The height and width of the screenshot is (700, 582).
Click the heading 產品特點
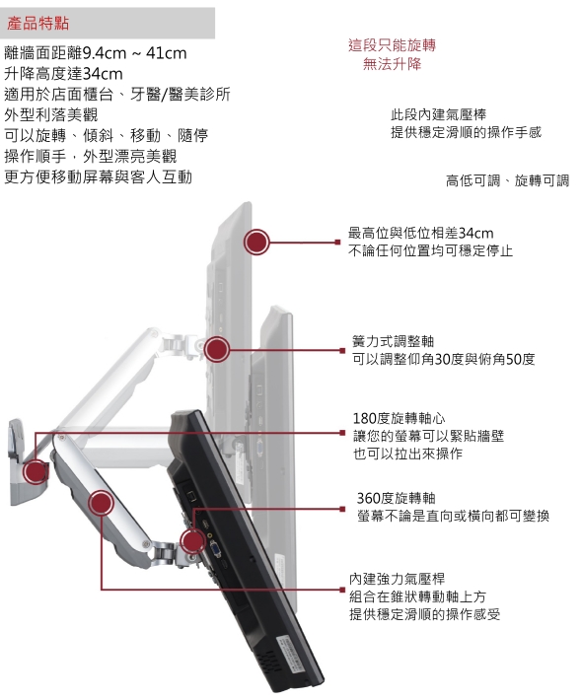pos(37,23)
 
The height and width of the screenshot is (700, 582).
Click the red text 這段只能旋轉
pos(392,45)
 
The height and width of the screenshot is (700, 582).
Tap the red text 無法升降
pos(392,64)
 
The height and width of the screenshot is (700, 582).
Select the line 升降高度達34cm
pos(63,74)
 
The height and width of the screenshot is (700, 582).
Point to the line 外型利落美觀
pos(51,114)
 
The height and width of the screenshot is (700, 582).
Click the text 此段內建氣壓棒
pos(438,114)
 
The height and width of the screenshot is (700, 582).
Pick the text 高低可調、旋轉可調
pos(507,180)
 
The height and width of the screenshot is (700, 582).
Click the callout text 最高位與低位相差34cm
pos(421,233)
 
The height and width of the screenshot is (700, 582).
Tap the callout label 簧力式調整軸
pos(393,341)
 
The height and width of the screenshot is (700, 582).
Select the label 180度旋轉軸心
pos(399,418)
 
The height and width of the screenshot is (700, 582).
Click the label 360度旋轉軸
pos(396,498)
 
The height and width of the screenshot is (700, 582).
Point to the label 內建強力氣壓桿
pos(397,579)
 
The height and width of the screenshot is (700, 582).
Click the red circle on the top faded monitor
pos(256,242)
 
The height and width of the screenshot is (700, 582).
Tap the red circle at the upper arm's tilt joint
pos(217,350)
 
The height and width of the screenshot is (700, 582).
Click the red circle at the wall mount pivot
pos(36,471)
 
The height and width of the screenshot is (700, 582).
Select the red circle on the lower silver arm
pos(101,503)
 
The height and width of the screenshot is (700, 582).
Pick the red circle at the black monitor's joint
pos(193,541)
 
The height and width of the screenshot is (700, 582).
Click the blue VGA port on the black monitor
pos(216,549)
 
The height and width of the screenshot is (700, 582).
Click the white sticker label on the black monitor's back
pos(291,652)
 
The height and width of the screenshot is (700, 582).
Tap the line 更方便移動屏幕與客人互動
pos(99,176)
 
